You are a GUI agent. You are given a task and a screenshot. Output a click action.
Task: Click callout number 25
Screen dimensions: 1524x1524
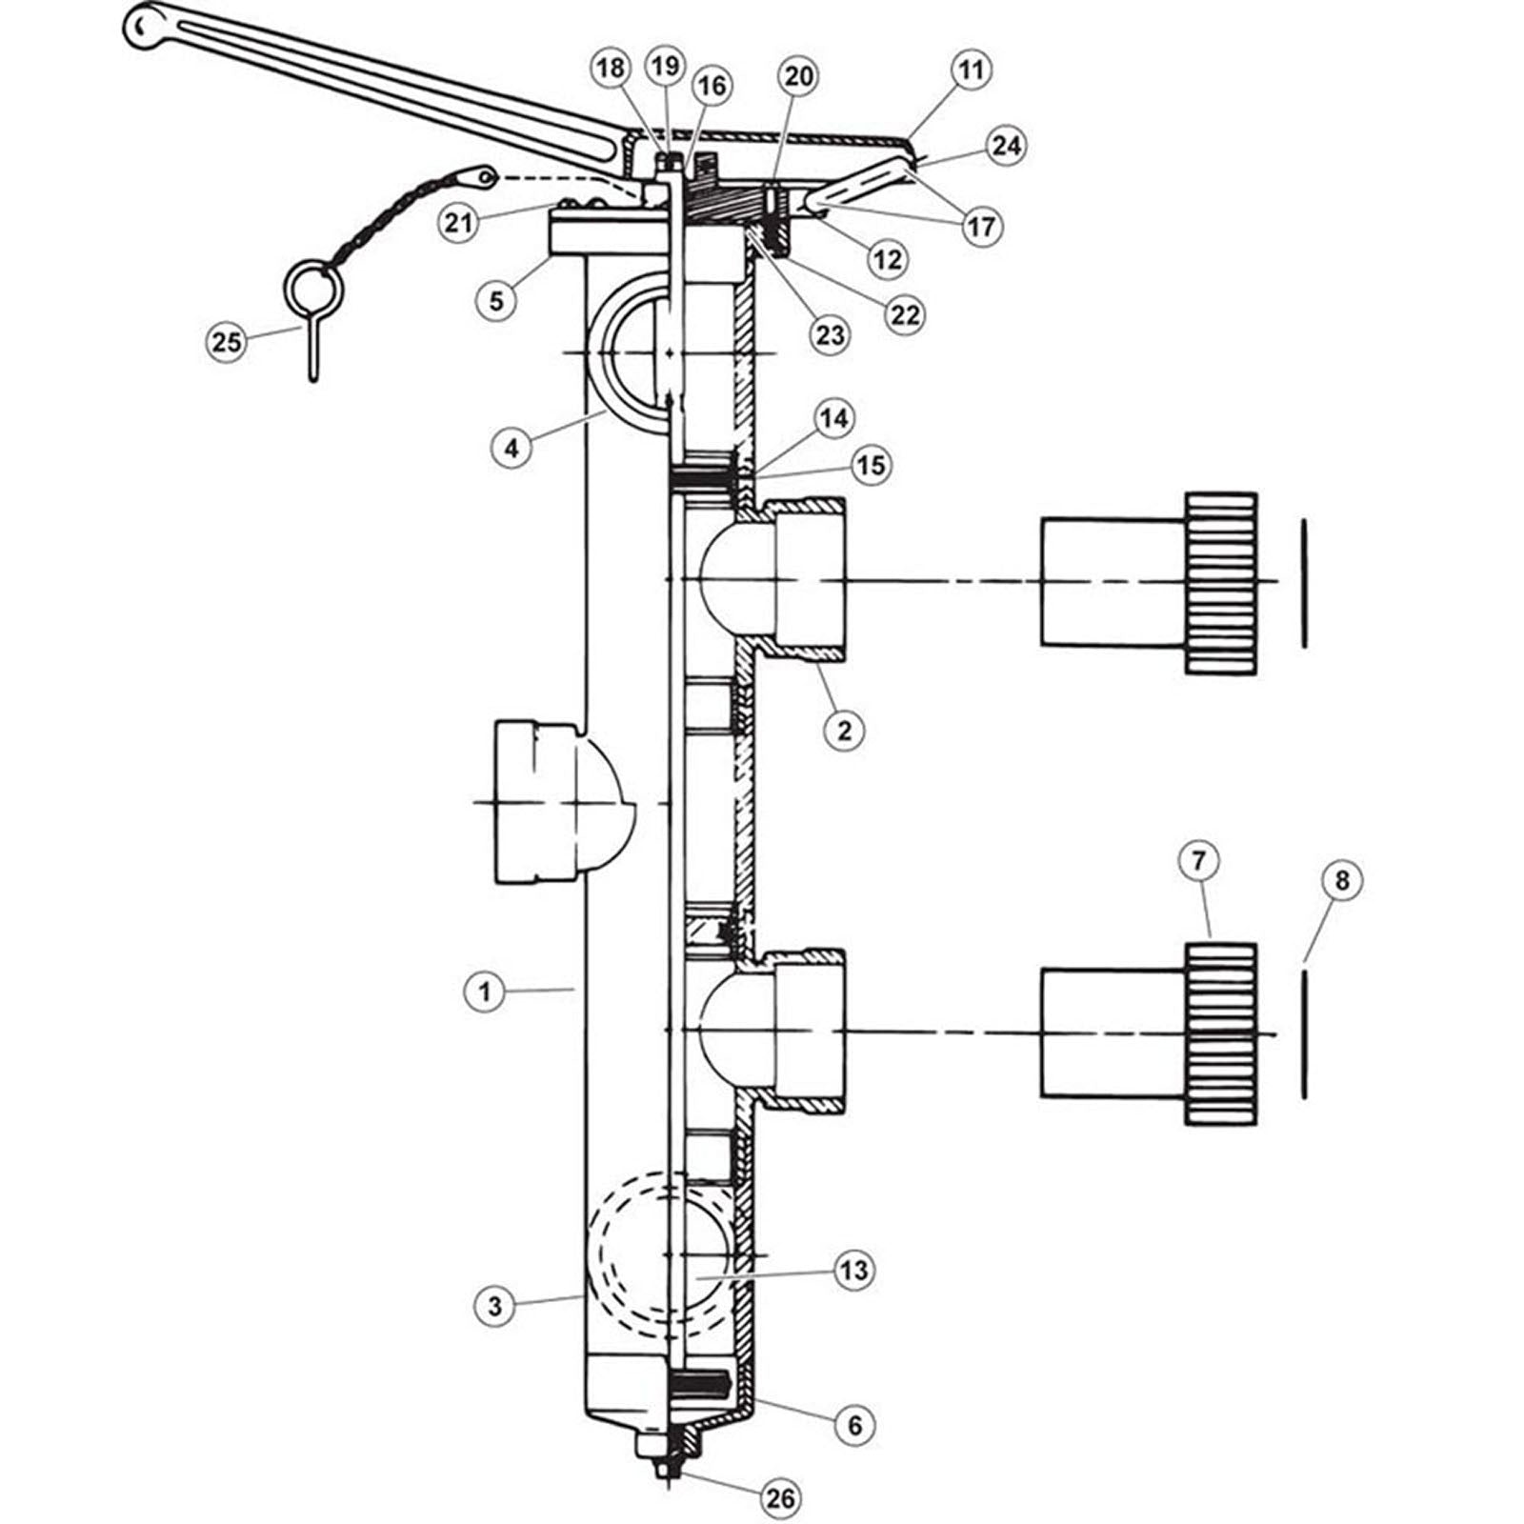[x=227, y=341]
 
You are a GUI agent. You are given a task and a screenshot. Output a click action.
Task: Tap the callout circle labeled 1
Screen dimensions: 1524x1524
[x=485, y=993]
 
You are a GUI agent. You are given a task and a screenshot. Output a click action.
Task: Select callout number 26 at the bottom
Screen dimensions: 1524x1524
[x=779, y=1497]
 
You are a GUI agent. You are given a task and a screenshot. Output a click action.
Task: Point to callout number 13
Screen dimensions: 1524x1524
[x=853, y=1270]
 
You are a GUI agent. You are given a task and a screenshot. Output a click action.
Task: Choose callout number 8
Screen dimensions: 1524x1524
[x=1341, y=881]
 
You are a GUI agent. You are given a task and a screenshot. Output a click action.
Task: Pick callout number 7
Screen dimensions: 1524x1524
[x=1198, y=862]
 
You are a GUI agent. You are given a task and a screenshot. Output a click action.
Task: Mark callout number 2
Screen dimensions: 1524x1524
[x=844, y=731]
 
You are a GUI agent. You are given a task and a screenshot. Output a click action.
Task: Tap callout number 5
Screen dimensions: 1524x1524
[x=496, y=300]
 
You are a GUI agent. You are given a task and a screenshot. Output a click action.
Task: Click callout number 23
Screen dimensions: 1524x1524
[x=830, y=334]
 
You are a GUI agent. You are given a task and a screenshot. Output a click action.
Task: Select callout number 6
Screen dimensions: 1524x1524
[x=853, y=1425]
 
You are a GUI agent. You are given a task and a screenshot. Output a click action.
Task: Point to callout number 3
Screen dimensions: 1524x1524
[x=494, y=1306]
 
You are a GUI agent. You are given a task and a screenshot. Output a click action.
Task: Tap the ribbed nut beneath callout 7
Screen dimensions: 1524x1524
[x=1221, y=1033]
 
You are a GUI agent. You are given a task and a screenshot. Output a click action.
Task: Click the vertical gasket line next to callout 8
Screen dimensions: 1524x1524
[x=1303, y=1033]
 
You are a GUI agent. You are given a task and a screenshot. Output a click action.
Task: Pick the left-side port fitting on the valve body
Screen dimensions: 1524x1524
[x=533, y=803]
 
